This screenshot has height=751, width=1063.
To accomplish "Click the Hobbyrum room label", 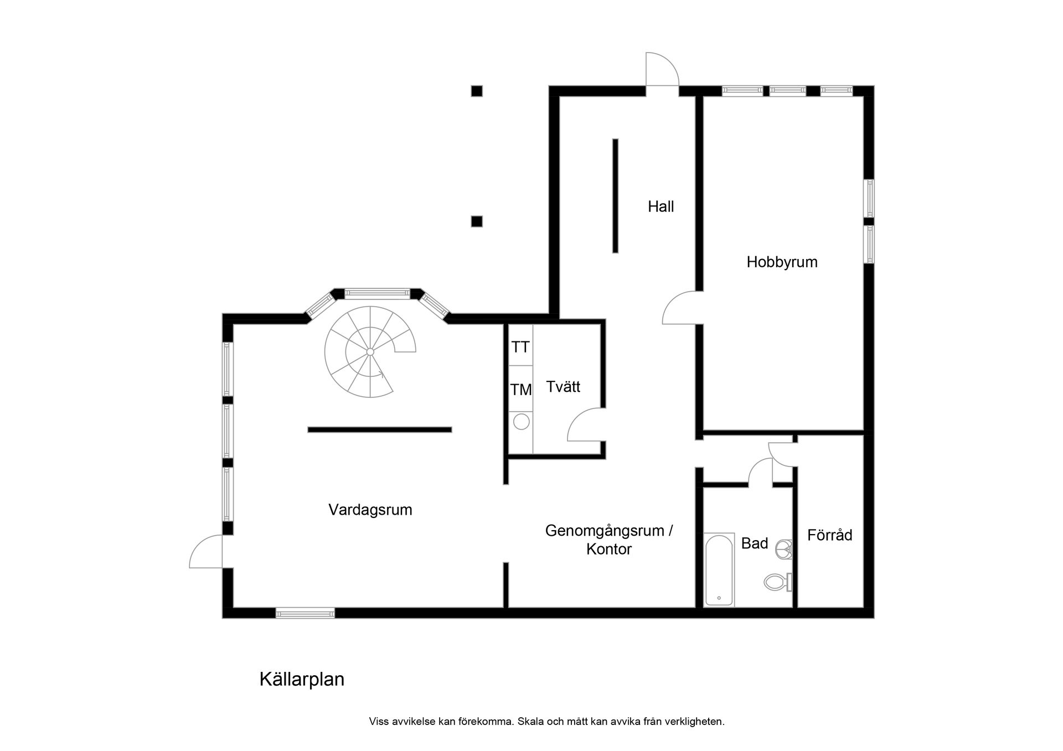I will tap(781, 262).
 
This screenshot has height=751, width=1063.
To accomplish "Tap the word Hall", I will tap(660, 206).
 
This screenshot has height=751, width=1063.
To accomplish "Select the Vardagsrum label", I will tap(370, 510).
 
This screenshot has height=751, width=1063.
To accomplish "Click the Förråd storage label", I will tap(829, 535).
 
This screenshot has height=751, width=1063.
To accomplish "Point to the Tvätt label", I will tap(563, 386).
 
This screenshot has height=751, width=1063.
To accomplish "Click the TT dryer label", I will tap(520, 347).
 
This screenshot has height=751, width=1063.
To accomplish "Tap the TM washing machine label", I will tap(520, 390).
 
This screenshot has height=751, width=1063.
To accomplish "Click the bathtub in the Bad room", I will tap(719, 569).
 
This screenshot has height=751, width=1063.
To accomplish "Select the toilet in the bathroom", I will tap(777, 582).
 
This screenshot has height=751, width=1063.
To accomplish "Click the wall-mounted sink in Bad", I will tap(784, 549).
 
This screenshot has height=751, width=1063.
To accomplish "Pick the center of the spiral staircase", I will tap(370, 351).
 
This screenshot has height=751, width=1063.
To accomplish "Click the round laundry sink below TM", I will tap(521, 422).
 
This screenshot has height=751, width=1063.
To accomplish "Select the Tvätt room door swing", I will tap(586, 425).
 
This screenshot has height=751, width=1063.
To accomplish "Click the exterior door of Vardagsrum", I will tap(207, 552).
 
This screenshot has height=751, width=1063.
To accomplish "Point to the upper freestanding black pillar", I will tap(477, 91).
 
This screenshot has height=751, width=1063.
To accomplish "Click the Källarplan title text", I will tap(302, 679).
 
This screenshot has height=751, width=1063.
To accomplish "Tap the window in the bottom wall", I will tap(305, 613).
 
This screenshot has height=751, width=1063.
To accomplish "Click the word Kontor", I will tap(608, 549).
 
